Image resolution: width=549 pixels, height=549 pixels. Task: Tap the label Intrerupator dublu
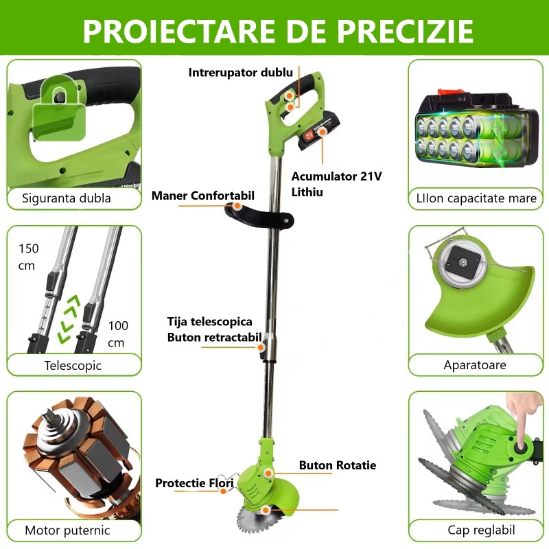(241, 72)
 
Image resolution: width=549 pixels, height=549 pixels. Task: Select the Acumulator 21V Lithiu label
(336, 184)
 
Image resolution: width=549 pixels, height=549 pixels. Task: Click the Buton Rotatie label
(337, 465)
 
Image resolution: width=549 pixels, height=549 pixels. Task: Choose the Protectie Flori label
(194, 483)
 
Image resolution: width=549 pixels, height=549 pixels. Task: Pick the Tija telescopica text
(210, 321)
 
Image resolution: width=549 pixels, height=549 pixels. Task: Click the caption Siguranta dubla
(67, 199)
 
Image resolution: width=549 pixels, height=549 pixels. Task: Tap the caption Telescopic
(73, 365)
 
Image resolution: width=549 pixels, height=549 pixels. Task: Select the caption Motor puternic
(67, 530)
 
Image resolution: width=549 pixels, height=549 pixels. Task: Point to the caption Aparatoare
(475, 365)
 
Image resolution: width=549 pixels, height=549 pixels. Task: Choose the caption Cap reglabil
(481, 530)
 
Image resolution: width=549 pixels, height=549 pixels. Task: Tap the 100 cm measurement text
(117, 334)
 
